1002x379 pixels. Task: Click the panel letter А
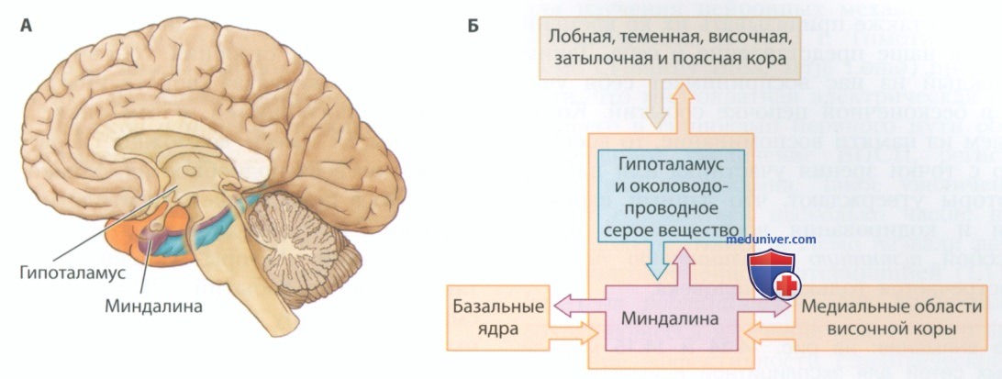pyautogui.click(x=27, y=27)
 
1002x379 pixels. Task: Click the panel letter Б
pyautogui.click(x=473, y=27)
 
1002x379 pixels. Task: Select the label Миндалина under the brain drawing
pyautogui.click(x=153, y=307)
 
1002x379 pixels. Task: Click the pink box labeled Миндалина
pyautogui.click(x=670, y=318)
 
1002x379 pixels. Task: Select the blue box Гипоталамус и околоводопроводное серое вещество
pyautogui.click(x=671, y=195)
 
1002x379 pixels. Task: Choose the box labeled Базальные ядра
pyautogui.click(x=498, y=318)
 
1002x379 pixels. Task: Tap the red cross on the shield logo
pyautogui.click(x=787, y=284)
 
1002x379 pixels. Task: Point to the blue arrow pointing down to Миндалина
pyautogui.click(x=655, y=262)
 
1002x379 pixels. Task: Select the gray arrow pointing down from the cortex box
pyautogui.click(x=655, y=106)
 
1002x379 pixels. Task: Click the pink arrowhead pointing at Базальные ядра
pyautogui.click(x=561, y=307)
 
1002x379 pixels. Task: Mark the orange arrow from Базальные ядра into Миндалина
pyautogui.click(x=573, y=331)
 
